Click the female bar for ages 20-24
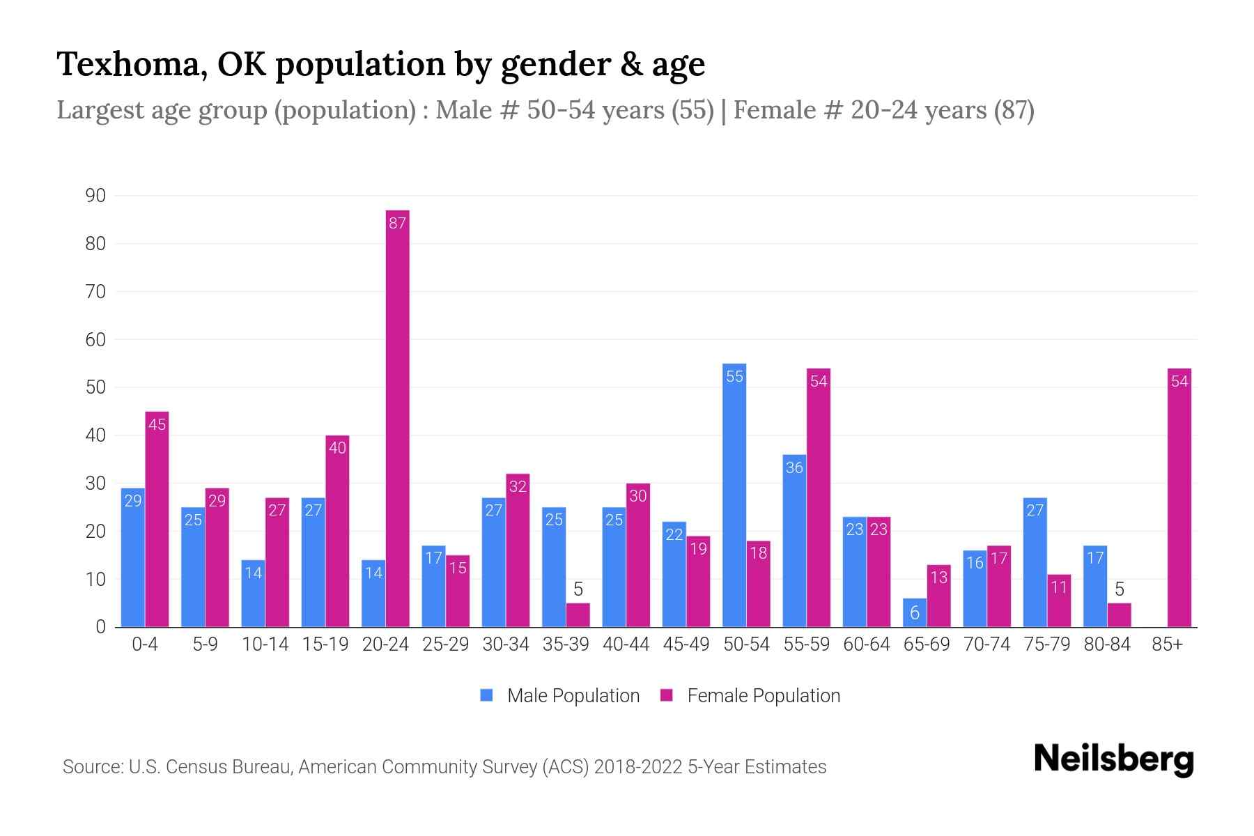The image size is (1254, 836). (x=398, y=418)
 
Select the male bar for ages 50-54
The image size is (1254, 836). (x=734, y=495)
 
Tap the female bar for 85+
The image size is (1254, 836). (x=1179, y=497)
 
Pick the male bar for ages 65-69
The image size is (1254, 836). (x=915, y=613)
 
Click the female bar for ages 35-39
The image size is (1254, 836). (x=578, y=615)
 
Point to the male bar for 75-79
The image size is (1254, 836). (x=1035, y=562)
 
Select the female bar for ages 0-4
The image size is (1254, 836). (x=157, y=519)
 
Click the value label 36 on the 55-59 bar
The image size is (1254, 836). (x=794, y=468)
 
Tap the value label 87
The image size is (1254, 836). (x=398, y=224)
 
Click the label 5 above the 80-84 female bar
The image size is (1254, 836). (x=1120, y=590)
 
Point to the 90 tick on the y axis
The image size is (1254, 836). (x=95, y=196)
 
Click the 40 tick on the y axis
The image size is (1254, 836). (x=95, y=436)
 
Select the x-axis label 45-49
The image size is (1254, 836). (x=686, y=644)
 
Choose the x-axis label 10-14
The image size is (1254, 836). (x=265, y=644)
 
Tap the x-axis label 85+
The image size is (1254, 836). (x=1167, y=644)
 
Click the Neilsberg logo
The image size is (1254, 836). (x=1114, y=760)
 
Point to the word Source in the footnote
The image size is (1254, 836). (x=91, y=767)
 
